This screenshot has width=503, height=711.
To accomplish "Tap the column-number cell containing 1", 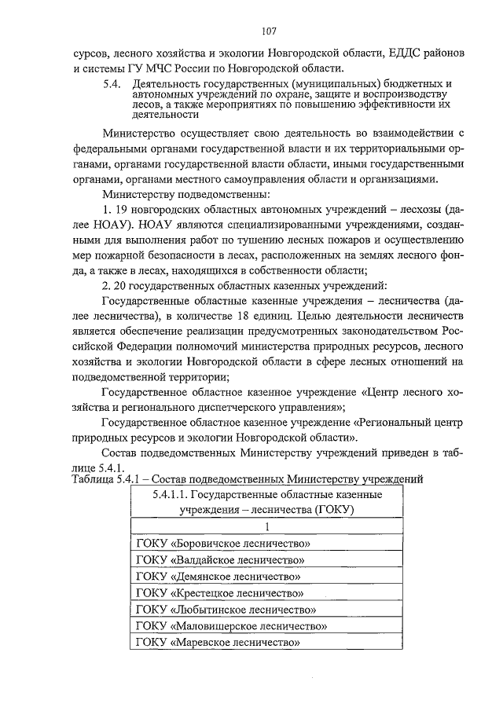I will coord(266,526).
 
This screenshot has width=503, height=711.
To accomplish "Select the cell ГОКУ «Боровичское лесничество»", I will coord(266,543).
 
